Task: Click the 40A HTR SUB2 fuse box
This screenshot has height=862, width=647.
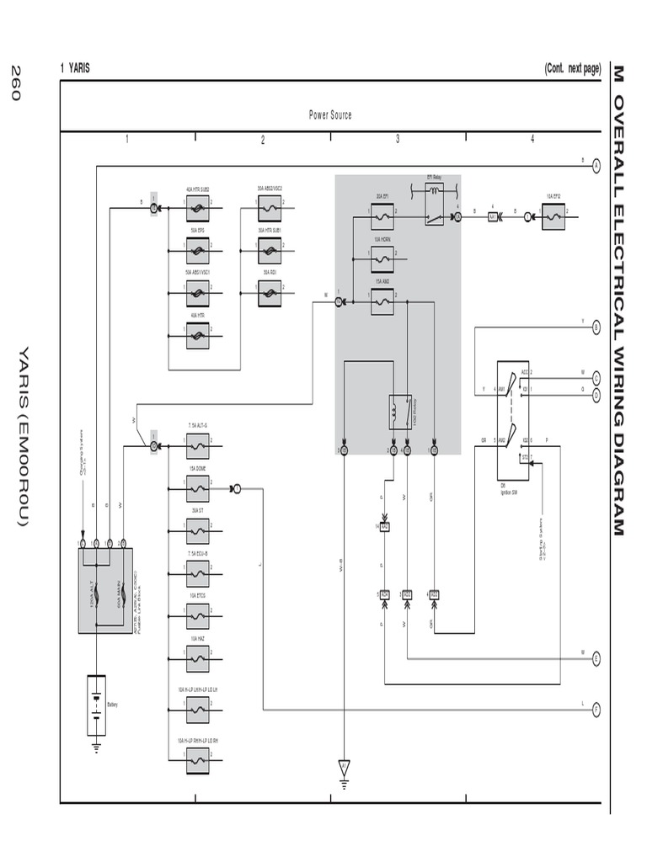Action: click(x=197, y=207)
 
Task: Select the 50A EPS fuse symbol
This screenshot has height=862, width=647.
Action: click(x=197, y=250)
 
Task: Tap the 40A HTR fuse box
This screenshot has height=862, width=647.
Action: click(x=197, y=335)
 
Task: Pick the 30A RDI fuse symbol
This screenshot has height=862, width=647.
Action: click(x=270, y=292)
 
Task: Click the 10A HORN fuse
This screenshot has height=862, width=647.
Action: click(x=382, y=259)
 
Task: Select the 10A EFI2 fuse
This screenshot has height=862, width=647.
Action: click(x=554, y=216)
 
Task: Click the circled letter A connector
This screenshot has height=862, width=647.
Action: click(x=596, y=166)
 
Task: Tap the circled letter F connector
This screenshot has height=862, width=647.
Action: click(x=596, y=709)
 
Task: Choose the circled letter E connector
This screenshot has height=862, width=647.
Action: click(x=596, y=658)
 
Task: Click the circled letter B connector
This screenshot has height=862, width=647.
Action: click(x=596, y=327)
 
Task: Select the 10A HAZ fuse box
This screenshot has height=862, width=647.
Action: click(x=197, y=659)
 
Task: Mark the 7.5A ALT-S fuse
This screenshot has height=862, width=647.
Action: click(x=197, y=445)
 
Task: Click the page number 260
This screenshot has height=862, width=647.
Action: click(x=15, y=82)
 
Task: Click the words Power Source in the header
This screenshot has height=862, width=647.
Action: click(x=330, y=114)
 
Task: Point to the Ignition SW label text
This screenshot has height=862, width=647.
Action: click(x=508, y=492)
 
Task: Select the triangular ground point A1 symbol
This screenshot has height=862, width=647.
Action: click(x=344, y=767)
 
